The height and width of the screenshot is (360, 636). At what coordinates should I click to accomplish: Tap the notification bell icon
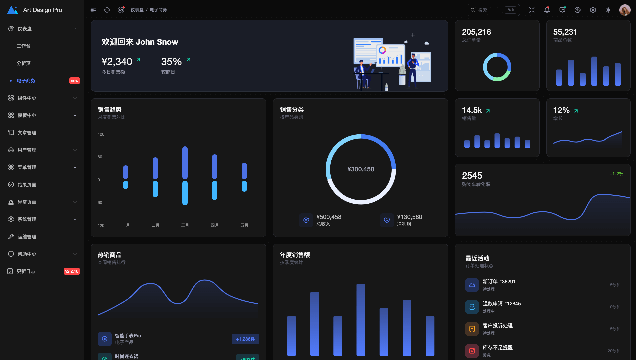tap(547, 10)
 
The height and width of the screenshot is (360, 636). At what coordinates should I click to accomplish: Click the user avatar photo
tap(625, 10)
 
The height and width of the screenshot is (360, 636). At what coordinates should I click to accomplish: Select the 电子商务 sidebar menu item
tap(26, 81)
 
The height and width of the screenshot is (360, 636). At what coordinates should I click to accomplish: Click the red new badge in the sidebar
tap(74, 81)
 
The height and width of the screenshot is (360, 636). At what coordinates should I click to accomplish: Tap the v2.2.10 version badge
tap(72, 271)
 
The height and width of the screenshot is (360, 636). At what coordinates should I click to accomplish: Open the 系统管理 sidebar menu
tap(27, 219)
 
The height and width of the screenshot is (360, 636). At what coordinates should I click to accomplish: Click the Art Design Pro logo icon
tap(13, 10)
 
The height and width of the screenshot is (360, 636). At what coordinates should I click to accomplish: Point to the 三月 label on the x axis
tap(185, 225)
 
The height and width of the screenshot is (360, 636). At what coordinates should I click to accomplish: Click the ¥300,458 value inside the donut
tap(361, 169)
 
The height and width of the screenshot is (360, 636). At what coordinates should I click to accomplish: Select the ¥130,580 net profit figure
tap(409, 217)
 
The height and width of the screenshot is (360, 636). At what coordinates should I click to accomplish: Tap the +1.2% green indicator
tap(616, 174)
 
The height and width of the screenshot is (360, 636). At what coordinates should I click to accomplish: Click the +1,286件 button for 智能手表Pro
tap(245, 339)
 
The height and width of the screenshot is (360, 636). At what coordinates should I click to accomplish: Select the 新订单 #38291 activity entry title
tap(499, 282)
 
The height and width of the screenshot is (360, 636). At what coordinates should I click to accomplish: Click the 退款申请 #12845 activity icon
tap(472, 307)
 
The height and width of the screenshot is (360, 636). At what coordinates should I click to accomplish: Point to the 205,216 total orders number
tap(476, 32)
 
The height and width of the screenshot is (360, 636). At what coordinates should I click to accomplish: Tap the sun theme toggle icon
tap(608, 10)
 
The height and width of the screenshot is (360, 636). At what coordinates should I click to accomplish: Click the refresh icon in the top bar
tap(107, 10)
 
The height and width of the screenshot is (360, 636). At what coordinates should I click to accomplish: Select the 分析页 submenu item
tap(24, 63)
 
